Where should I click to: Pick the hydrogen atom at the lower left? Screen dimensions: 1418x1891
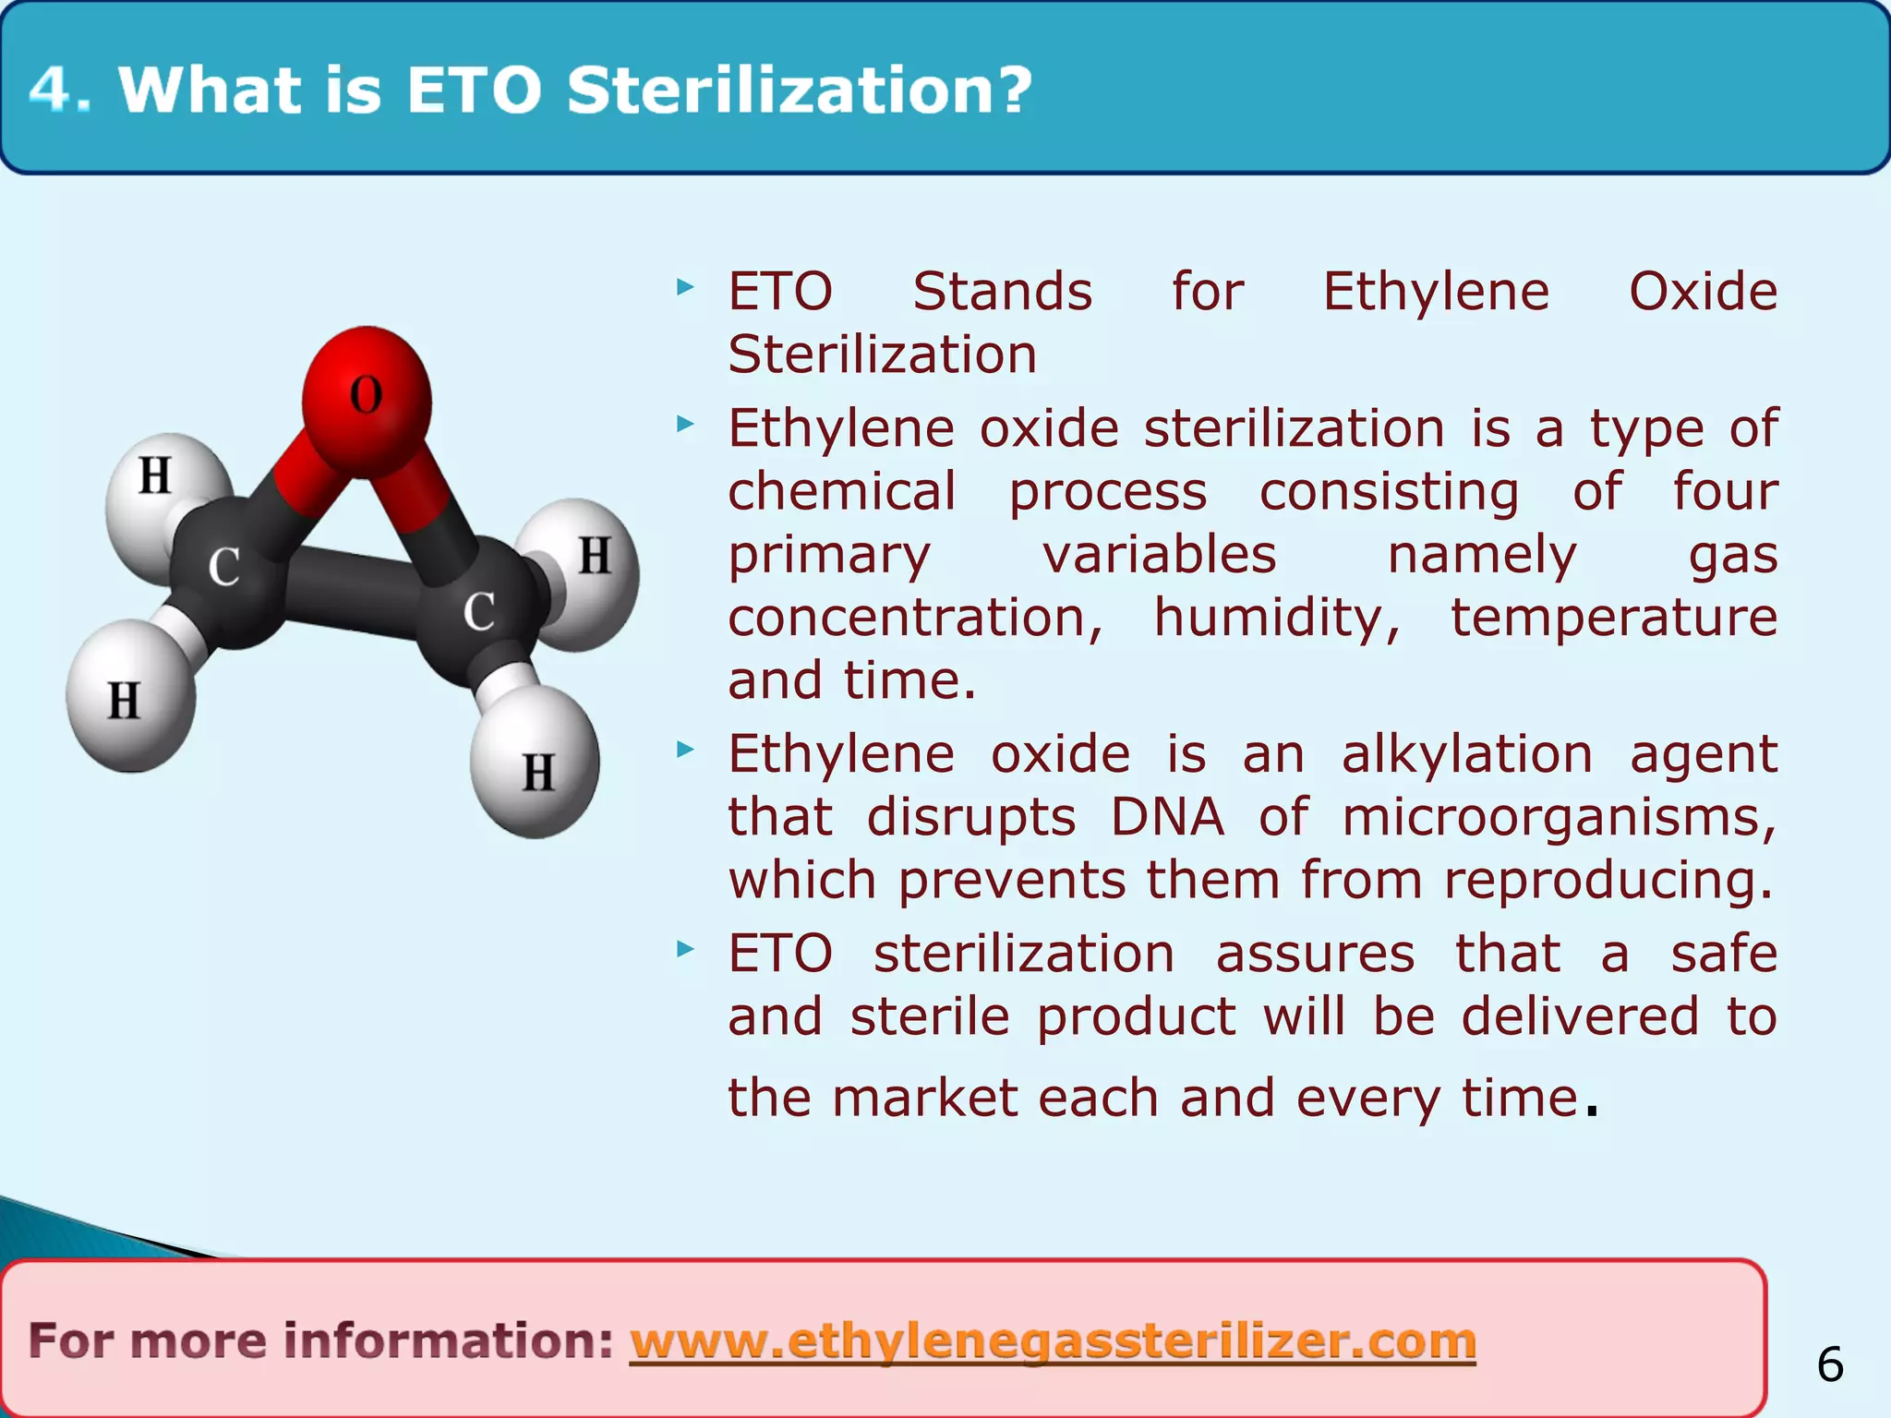127,698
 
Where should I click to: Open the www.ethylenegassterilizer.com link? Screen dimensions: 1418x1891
1053,1340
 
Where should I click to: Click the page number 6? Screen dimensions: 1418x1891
1830,1364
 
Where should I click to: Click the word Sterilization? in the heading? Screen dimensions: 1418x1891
799,90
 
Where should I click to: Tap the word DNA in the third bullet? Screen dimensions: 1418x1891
1167,817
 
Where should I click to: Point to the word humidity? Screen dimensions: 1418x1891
1277,618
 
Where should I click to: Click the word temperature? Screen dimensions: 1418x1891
1613,618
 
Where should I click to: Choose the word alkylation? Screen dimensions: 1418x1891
1466,754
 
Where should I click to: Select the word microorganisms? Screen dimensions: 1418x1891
1559,817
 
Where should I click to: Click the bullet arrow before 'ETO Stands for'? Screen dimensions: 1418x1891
684,288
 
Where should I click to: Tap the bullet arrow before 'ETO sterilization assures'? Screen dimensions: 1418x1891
684,949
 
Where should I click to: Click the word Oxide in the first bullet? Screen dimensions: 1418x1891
1703,292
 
